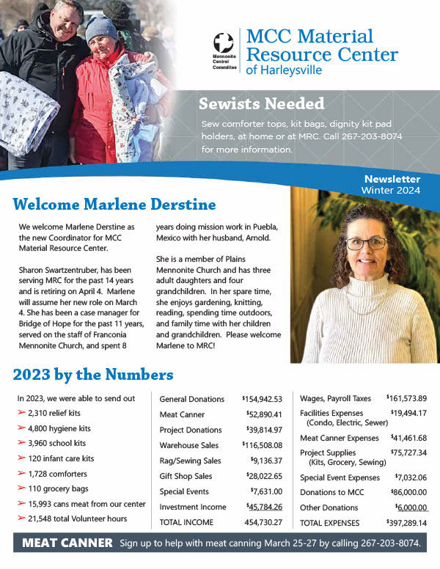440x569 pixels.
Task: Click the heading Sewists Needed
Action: pyautogui.click(x=262, y=103)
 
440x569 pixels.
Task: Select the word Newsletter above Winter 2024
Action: pyautogui.click(x=392, y=179)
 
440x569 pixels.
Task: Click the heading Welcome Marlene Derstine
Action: pyautogui.click(x=115, y=203)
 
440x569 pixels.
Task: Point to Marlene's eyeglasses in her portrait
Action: pyautogui.click(x=366, y=243)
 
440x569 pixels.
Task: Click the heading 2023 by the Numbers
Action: pyautogui.click(x=93, y=375)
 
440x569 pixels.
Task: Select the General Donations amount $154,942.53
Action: pyautogui.click(x=262, y=399)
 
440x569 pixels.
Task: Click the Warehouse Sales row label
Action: pyautogui.click(x=190, y=445)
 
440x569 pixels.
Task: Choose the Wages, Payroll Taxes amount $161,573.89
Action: pyautogui.click(x=406, y=398)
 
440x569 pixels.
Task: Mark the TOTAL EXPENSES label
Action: pyautogui.click(x=330, y=523)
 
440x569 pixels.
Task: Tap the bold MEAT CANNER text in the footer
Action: pyautogui.click(x=67, y=543)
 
